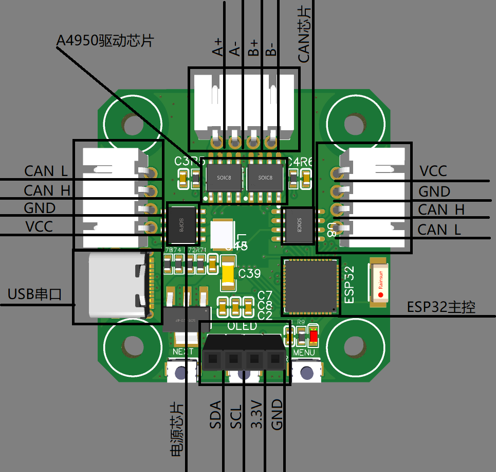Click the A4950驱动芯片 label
[x=105, y=40]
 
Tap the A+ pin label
[x=218, y=47]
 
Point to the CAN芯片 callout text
[x=304, y=35]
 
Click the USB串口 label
[x=34, y=294]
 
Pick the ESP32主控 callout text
[x=441, y=307]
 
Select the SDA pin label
[x=215, y=415]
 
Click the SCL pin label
[x=236, y=415]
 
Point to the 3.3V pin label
[x=256, y=415]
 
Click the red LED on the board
[x=313, y=337]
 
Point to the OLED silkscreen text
[x=242, y=327]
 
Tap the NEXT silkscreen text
[x=183, y=352]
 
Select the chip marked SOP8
[x=182, y=224]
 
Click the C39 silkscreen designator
[x=250, y=274]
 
